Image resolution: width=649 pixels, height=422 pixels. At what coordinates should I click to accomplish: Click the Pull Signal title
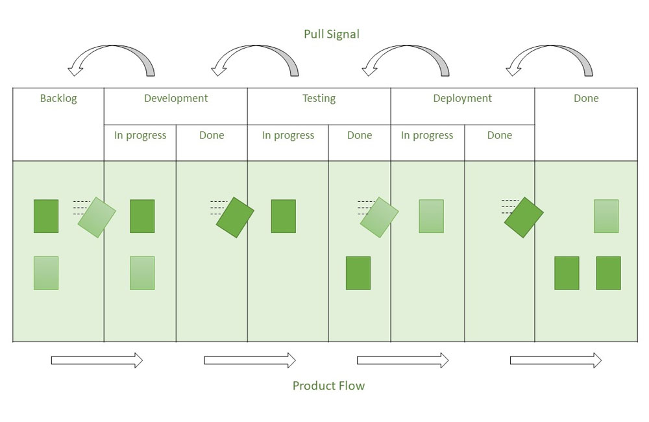click(331, 34)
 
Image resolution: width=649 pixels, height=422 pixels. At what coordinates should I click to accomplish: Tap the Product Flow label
click(328, 386)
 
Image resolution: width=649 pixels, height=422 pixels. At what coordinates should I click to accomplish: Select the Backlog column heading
click(58, 99)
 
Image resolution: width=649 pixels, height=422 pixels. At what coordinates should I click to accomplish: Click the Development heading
click(176, 99)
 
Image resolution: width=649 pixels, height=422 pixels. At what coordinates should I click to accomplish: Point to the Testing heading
click(319, 99)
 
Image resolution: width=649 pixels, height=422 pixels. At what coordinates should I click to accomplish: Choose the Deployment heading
click(462, 99)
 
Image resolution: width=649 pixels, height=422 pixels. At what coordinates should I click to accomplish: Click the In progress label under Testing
click(288, 136)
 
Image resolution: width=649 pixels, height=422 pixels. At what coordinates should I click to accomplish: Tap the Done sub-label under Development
click(212, 136)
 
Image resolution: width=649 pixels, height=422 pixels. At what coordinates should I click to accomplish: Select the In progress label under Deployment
click(427, 136)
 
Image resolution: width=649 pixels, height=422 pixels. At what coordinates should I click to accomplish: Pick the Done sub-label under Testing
click(360, 136)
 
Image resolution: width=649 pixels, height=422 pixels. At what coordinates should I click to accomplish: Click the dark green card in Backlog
click(46, 216)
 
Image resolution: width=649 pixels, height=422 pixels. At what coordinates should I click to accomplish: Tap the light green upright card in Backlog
click(46, 273)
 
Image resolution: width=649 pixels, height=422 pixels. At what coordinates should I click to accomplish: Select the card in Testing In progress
click(283, 216)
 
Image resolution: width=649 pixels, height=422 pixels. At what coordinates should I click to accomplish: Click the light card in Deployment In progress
click(431, 216)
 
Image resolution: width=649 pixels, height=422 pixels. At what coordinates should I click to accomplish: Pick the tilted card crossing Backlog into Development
click(97, 217)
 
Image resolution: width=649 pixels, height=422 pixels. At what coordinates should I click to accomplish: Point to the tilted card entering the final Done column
click(523, 217)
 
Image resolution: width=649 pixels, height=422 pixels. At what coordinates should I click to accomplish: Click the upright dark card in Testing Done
click(358, 273)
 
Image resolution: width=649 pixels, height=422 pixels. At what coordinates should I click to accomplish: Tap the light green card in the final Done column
click(606, 216)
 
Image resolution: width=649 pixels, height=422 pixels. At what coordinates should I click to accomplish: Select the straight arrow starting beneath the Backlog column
click(97, 360)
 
